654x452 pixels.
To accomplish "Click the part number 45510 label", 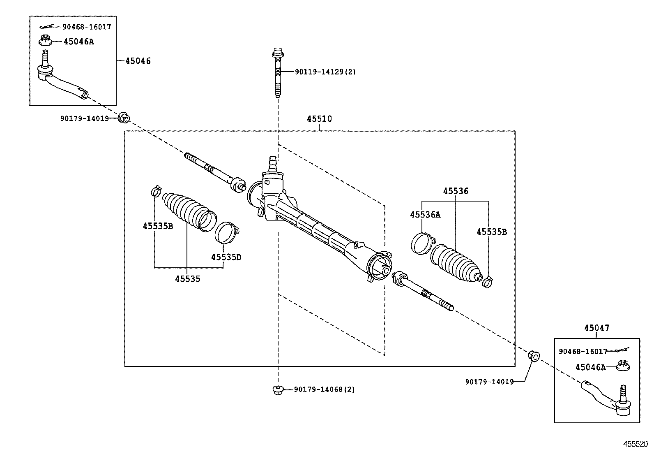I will tap(319, 119).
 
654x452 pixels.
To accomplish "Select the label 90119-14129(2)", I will tap(325, 72).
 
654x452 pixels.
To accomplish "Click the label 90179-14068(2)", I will tap(324, 389).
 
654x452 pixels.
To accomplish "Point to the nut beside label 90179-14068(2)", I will tap(278, 389).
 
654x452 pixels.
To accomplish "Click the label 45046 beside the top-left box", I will tap(138, 61).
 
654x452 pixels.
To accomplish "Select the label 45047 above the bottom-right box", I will tap(596, 328).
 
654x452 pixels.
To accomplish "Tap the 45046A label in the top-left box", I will tap(78, 42).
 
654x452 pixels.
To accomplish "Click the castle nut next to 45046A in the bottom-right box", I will tap(624, 366).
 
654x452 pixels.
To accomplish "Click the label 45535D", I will tap(226, 257).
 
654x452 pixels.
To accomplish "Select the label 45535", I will tap(187, 279).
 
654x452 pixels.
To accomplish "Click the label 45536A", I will tap(425, 214).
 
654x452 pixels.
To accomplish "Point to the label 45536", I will tap(455, 191).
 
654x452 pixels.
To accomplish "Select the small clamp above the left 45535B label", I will tap(156, 191).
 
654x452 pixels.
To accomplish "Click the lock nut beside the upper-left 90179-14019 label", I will tap(124, 118).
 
